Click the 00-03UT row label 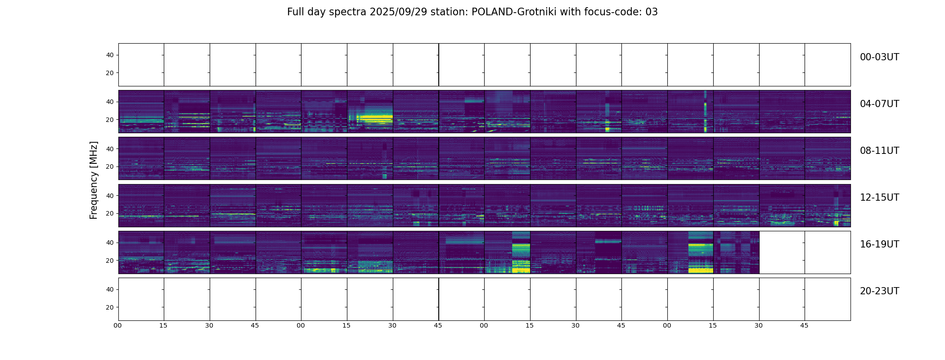[x=879, y=57]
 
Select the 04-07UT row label [x=879, y=104]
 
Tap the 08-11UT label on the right [x=879, y=151]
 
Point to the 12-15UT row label [x=879, y=198]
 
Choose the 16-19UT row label [x=879, y=244]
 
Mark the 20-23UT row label [x=879, y=291]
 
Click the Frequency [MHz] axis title [x=94, y=180]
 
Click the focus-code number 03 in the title [x=652, y=12]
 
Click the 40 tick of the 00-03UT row [x=110, y=55]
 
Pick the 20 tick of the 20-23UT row [x=110, y=307]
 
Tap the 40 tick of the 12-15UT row [x=110, y=196]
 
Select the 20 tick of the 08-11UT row [x=110, y=167]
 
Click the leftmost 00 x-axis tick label [x=118, y=325]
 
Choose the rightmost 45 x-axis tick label [x=804, y=325]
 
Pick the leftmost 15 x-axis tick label [x=163, y=325]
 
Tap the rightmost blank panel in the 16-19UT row [x=828, y=252]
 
